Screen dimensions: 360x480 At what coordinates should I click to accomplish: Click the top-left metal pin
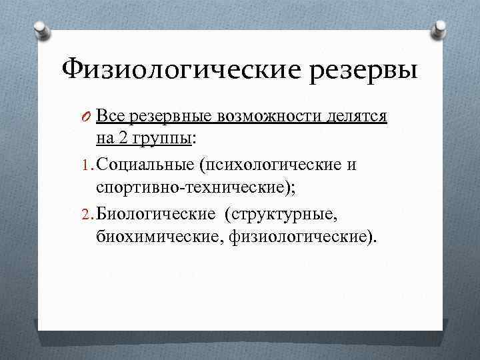[x=41, y=29]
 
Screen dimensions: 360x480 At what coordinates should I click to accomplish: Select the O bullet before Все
[x=88, y=118]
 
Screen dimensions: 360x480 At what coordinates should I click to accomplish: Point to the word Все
[x=109, y=117]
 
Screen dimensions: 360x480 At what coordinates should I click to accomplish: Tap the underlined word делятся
[x=357, y=118]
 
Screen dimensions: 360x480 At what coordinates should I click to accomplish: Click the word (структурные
[x=279, y=213]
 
